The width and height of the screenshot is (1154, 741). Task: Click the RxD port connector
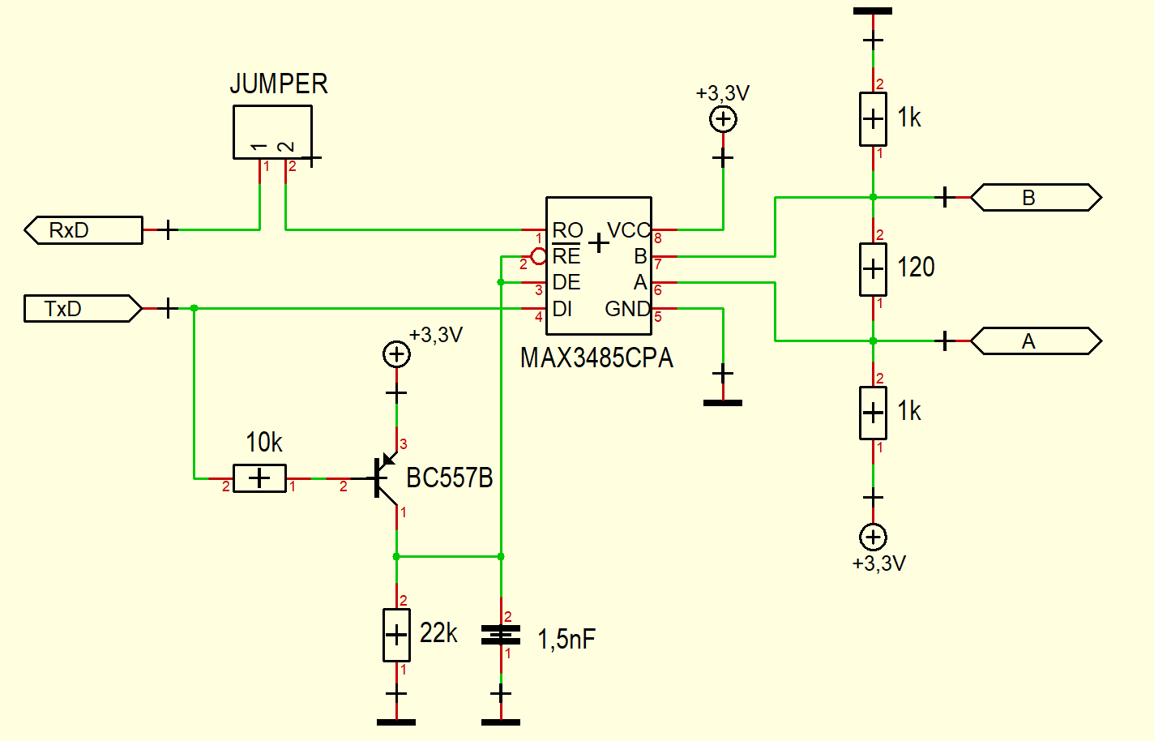coord(83,230)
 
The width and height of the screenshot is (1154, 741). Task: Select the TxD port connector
coord(82,309)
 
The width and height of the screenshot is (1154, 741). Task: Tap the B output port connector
coord(1036,198)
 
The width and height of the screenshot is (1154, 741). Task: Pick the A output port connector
coord(1036,341)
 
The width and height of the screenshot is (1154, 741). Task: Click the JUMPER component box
coord(272,131)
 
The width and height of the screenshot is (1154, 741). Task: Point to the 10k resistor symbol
coord(259,478)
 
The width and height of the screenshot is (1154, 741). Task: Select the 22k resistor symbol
coord(396,635)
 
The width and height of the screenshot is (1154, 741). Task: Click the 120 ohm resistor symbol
coord(873,268)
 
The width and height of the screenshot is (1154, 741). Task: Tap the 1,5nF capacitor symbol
coord(501,635)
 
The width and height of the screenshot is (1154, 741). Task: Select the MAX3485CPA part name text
coord(596,358)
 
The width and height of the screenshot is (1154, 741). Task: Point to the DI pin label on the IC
coord(562,309)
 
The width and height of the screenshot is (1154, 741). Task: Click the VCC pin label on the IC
coord(628,230)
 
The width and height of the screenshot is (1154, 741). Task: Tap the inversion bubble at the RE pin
coord(538,257)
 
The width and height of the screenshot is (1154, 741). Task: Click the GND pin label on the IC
coord(627,309)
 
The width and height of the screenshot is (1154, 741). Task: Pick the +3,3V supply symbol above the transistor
coord(396,354)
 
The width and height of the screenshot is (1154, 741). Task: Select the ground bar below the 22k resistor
coord(396,722)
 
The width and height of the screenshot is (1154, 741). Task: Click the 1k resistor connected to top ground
coord(873,119)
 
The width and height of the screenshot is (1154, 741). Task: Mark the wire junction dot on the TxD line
coord(194,308)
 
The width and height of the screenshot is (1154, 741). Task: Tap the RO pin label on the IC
coord(567,230)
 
